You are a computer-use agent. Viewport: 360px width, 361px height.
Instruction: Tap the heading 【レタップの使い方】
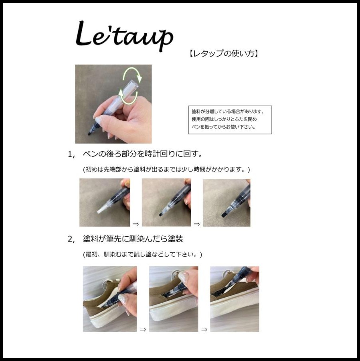coord(224,53)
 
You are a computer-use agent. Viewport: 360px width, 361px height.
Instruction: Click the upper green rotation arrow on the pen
coord(133,73)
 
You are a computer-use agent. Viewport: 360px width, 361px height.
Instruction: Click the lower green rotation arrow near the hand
coord(128,98)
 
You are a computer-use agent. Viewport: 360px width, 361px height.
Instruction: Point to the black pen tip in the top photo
coord(89,133)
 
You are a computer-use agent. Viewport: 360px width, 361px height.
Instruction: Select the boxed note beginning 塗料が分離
coord(230,120)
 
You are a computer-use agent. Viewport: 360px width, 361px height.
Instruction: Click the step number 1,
coord(71,154)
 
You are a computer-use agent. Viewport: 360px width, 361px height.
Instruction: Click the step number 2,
coord(71,239)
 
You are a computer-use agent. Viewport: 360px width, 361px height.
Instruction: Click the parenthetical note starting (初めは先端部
coord(166,169)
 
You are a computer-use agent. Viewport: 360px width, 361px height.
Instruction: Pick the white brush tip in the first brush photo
coord(101,210)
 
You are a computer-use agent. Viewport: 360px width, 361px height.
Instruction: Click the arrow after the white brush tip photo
coord(136,224)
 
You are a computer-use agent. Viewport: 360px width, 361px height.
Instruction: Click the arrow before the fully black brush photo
coord(197,224)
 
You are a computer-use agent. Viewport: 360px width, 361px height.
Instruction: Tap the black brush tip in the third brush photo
coord(223,215)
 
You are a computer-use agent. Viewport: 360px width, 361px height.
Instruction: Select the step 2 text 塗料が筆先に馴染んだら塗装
coord(133,239)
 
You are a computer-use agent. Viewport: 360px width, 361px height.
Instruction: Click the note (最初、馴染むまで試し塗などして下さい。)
coord(142,255)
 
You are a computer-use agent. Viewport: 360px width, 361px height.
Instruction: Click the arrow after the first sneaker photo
coord(143,329)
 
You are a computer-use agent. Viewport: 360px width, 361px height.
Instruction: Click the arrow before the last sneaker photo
coord(204,329)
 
